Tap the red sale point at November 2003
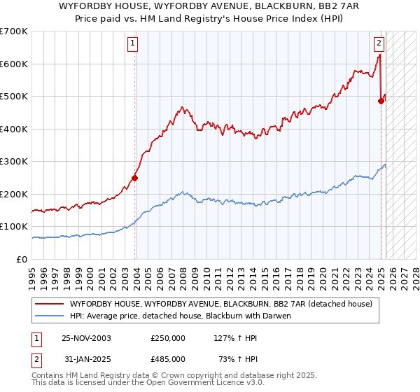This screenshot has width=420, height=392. [135, 178]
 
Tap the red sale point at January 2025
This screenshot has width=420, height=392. [381, 101]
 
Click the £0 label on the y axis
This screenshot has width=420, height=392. [22, 259]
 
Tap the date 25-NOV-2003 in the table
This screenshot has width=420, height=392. [87, 337]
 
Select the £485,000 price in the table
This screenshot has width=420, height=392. [168, 358]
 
